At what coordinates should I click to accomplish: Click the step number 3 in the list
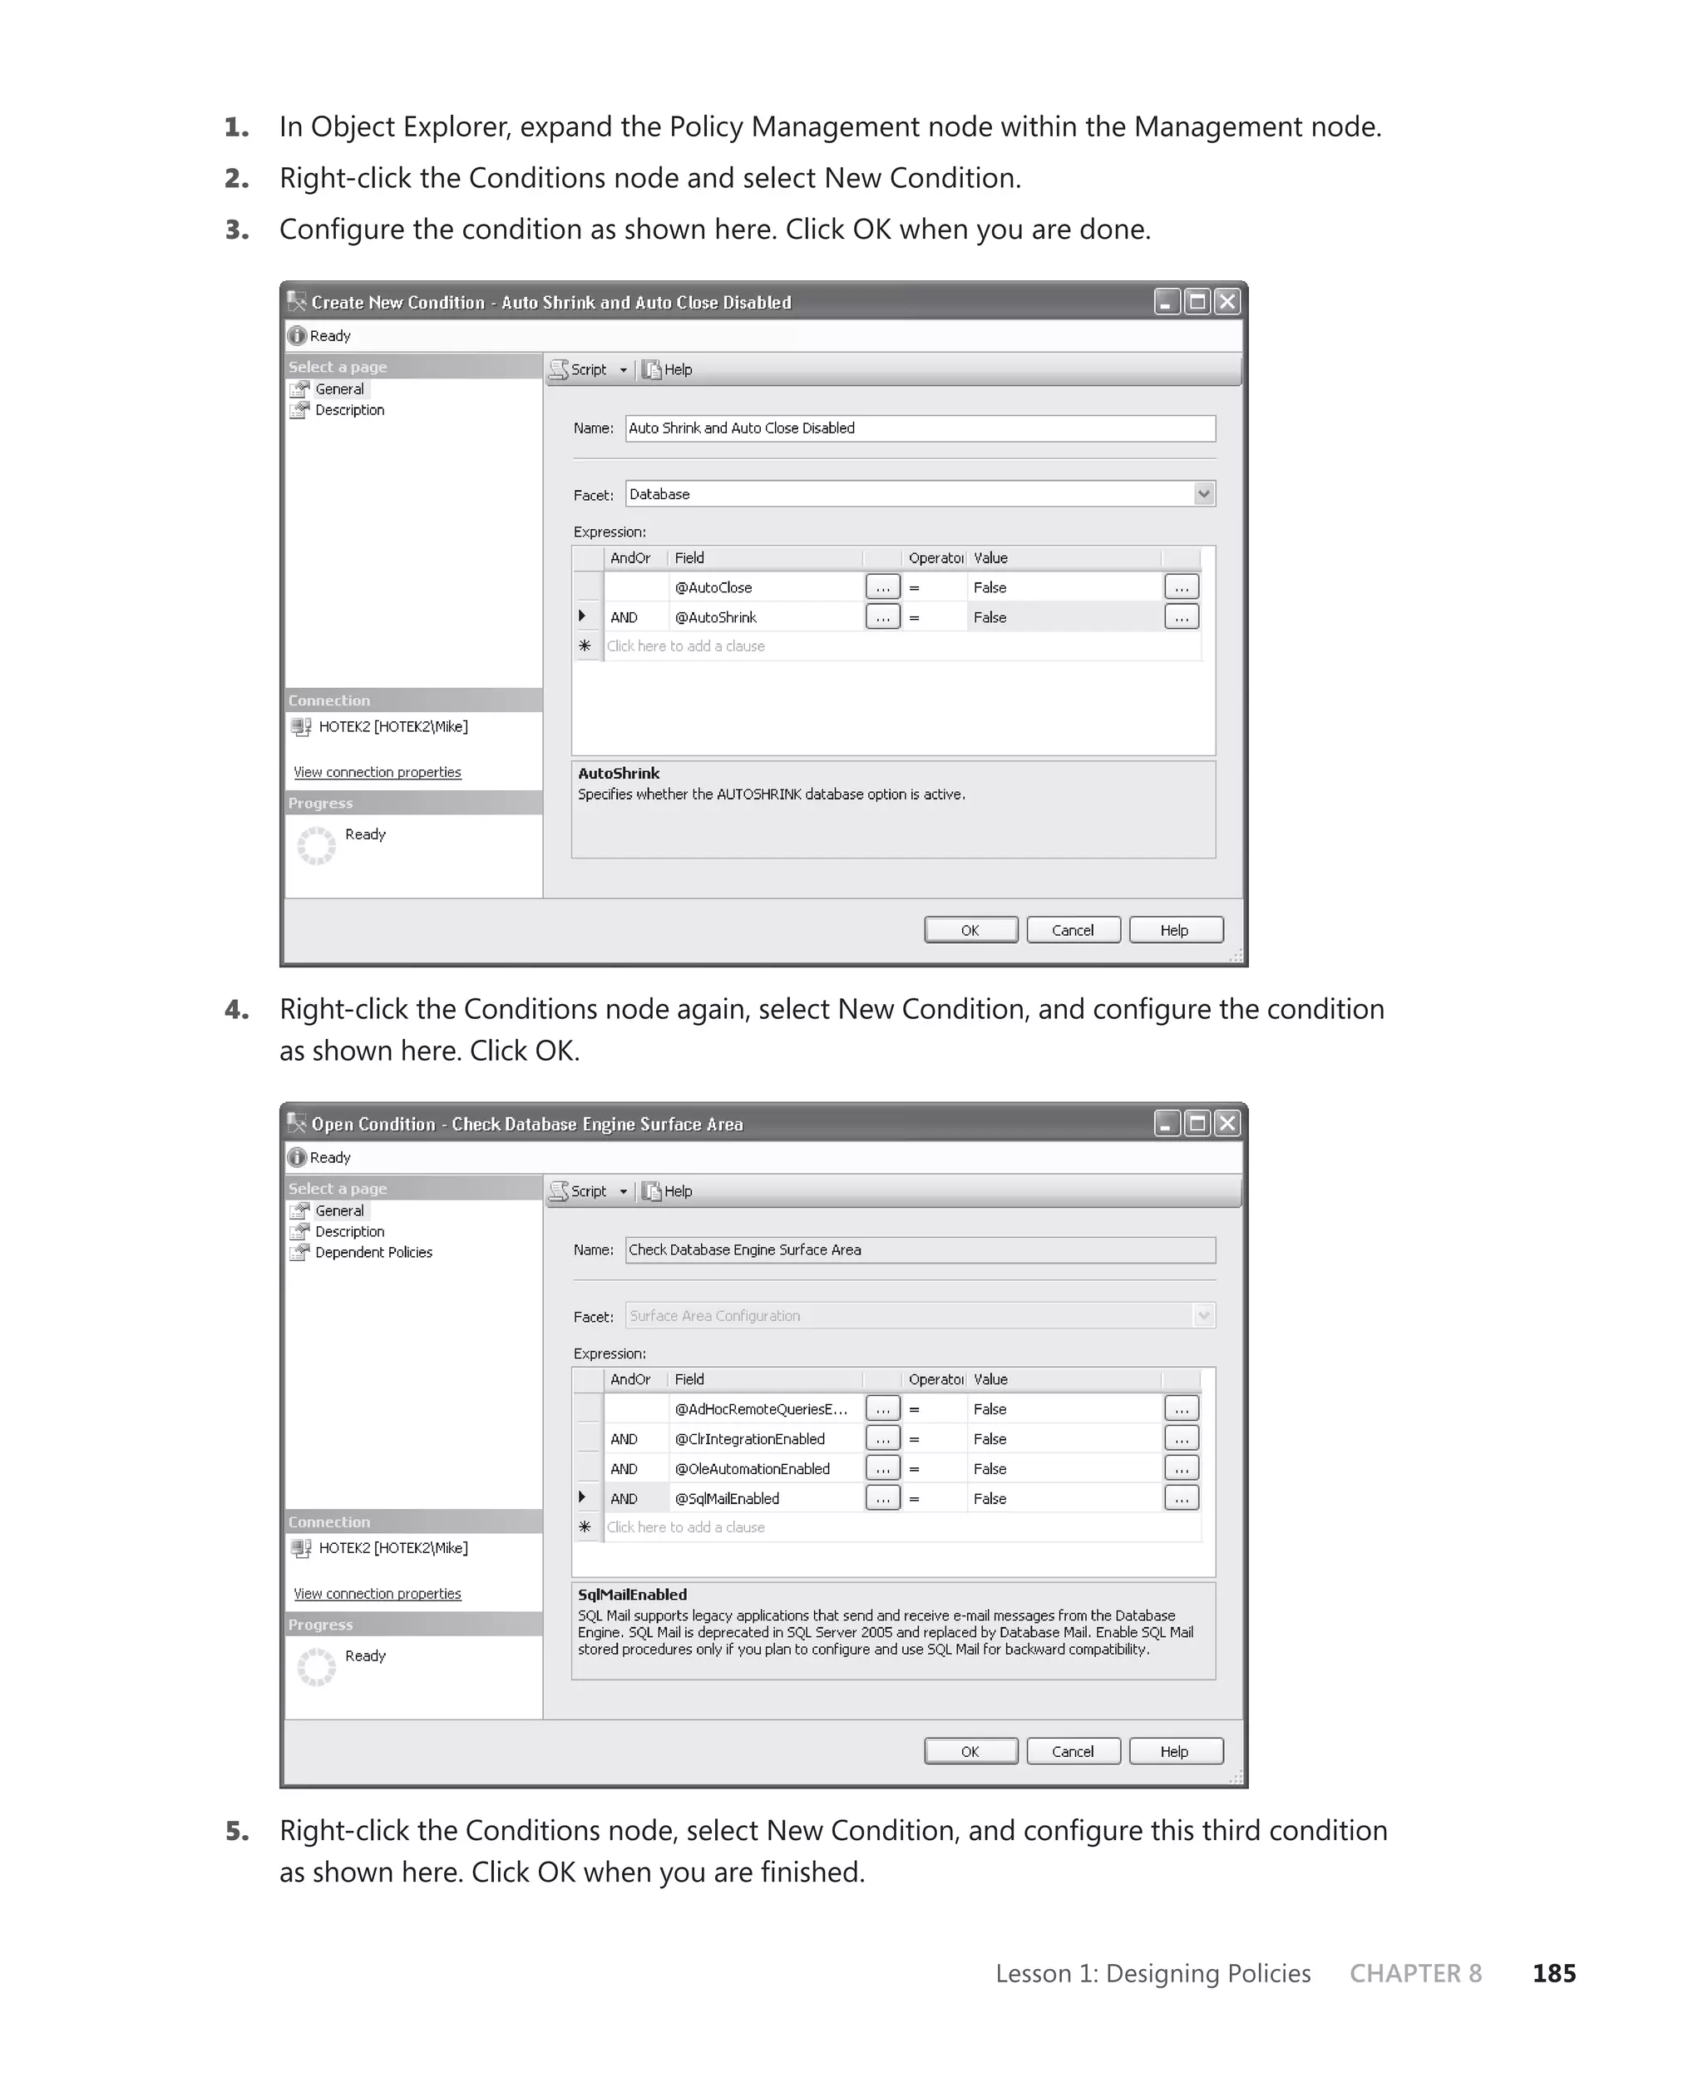click(x=236, y=230)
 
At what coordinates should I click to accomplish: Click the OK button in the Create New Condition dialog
click(x=970, y=930)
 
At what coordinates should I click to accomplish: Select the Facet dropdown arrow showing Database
click(x=1204, y=493)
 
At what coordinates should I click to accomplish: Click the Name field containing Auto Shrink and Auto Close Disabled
click(x=919, y=428)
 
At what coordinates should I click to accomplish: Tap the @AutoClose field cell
click(x=714, y=587)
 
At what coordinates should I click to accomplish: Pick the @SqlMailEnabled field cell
click(x=727, y=1498)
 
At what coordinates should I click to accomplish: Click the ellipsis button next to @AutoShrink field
click(x=882, y=617)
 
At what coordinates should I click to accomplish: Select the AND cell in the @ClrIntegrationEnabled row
click(x=624, y=1439)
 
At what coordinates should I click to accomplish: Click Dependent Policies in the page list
click(x=373, y=1253)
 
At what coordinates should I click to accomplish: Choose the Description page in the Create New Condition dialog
click(x=349, y=410)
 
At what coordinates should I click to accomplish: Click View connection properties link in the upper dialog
click(x=377, y=772)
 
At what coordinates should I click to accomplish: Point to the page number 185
click(x=1554, y=1973)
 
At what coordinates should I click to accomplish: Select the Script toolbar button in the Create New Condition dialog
click(x=586, y=370)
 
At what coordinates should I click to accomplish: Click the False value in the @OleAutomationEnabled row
click(x=990, y=1469)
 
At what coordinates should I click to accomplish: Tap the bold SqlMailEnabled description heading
click(x=632, y=1595)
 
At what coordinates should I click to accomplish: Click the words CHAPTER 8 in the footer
click(x=1414, y=1973)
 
